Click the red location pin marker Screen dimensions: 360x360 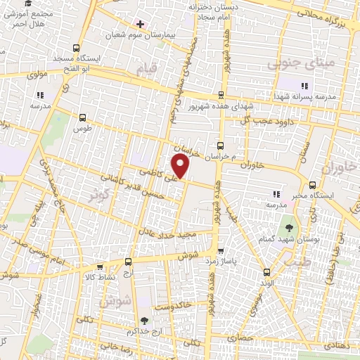(x=181, y=166)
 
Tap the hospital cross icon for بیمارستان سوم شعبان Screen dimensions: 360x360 (x=140, y=24)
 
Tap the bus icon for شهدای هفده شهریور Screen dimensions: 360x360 (x=221, y=94)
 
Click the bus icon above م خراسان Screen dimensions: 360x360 (x=220, y=146)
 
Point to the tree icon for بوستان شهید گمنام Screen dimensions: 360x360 (x=288, y=227)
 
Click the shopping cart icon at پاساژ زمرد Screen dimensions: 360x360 (x=221, y=250)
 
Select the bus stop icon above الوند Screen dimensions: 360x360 (x=266, y=272)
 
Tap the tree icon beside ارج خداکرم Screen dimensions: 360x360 (x=144, y=321)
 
